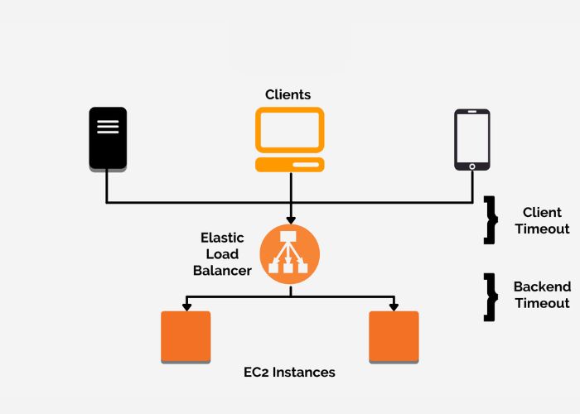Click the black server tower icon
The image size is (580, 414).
[x=108, y=139]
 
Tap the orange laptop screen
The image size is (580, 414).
[x=289, y=130]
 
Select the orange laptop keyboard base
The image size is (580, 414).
[x=289, y=164]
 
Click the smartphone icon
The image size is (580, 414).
[x=471, y=139]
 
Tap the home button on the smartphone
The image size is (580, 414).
[x=471, y=166]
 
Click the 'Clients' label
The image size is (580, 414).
[x=288, y=94]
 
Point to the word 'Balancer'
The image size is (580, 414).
[x=222, y=271]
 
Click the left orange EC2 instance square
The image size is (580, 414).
[x=186, y=336]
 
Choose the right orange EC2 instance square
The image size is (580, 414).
[x=394, y=336]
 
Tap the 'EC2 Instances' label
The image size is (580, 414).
[x=289, y=373]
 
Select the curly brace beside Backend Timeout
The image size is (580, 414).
[x=491, y=296]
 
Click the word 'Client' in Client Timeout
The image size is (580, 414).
[x=542, y=213]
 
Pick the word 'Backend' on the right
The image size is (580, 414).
[x=542, y=287]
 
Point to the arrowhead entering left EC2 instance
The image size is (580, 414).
[x=186, y=306]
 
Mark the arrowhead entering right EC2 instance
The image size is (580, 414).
[x=394, y=306]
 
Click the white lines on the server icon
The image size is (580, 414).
[x=108, y=127]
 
